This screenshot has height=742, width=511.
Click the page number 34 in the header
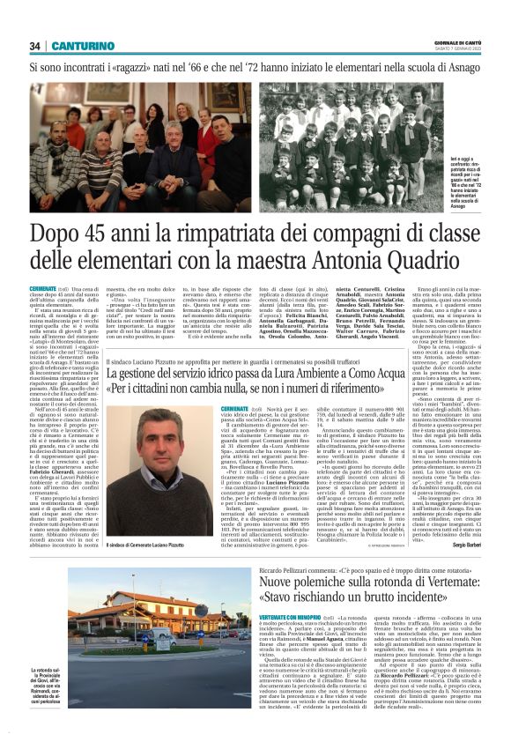pos(35,46)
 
